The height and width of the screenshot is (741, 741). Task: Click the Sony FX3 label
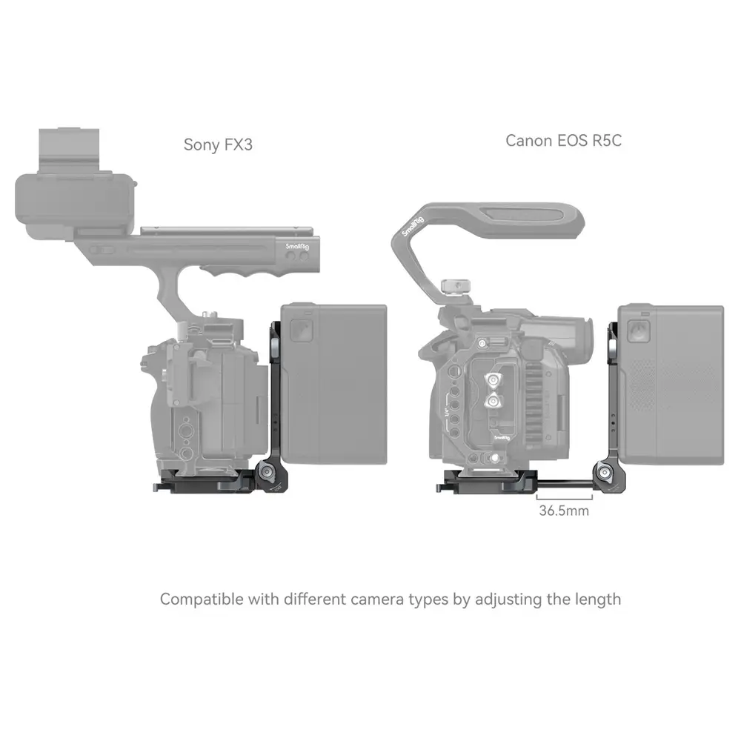click(x=218, y=144)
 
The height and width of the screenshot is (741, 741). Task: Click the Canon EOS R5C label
click(x=563, y=140)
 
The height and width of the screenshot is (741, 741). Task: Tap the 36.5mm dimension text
click(x=564, y=511)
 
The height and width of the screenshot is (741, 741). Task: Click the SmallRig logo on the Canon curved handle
click(x=412, y=226)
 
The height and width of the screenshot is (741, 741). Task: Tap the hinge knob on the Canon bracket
click(x=605, y=473)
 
